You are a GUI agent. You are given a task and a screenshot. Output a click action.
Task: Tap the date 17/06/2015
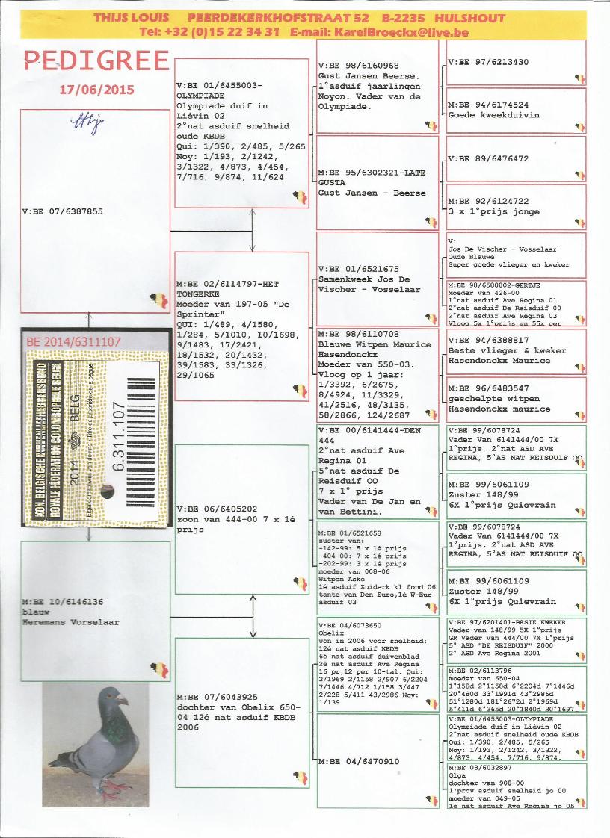coord(97,90)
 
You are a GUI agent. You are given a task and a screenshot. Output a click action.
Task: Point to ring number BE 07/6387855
coord(63,211)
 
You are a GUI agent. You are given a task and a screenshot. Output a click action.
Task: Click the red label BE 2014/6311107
coord(73,341)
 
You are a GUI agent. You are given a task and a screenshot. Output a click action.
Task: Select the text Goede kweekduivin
coord(484,115)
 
